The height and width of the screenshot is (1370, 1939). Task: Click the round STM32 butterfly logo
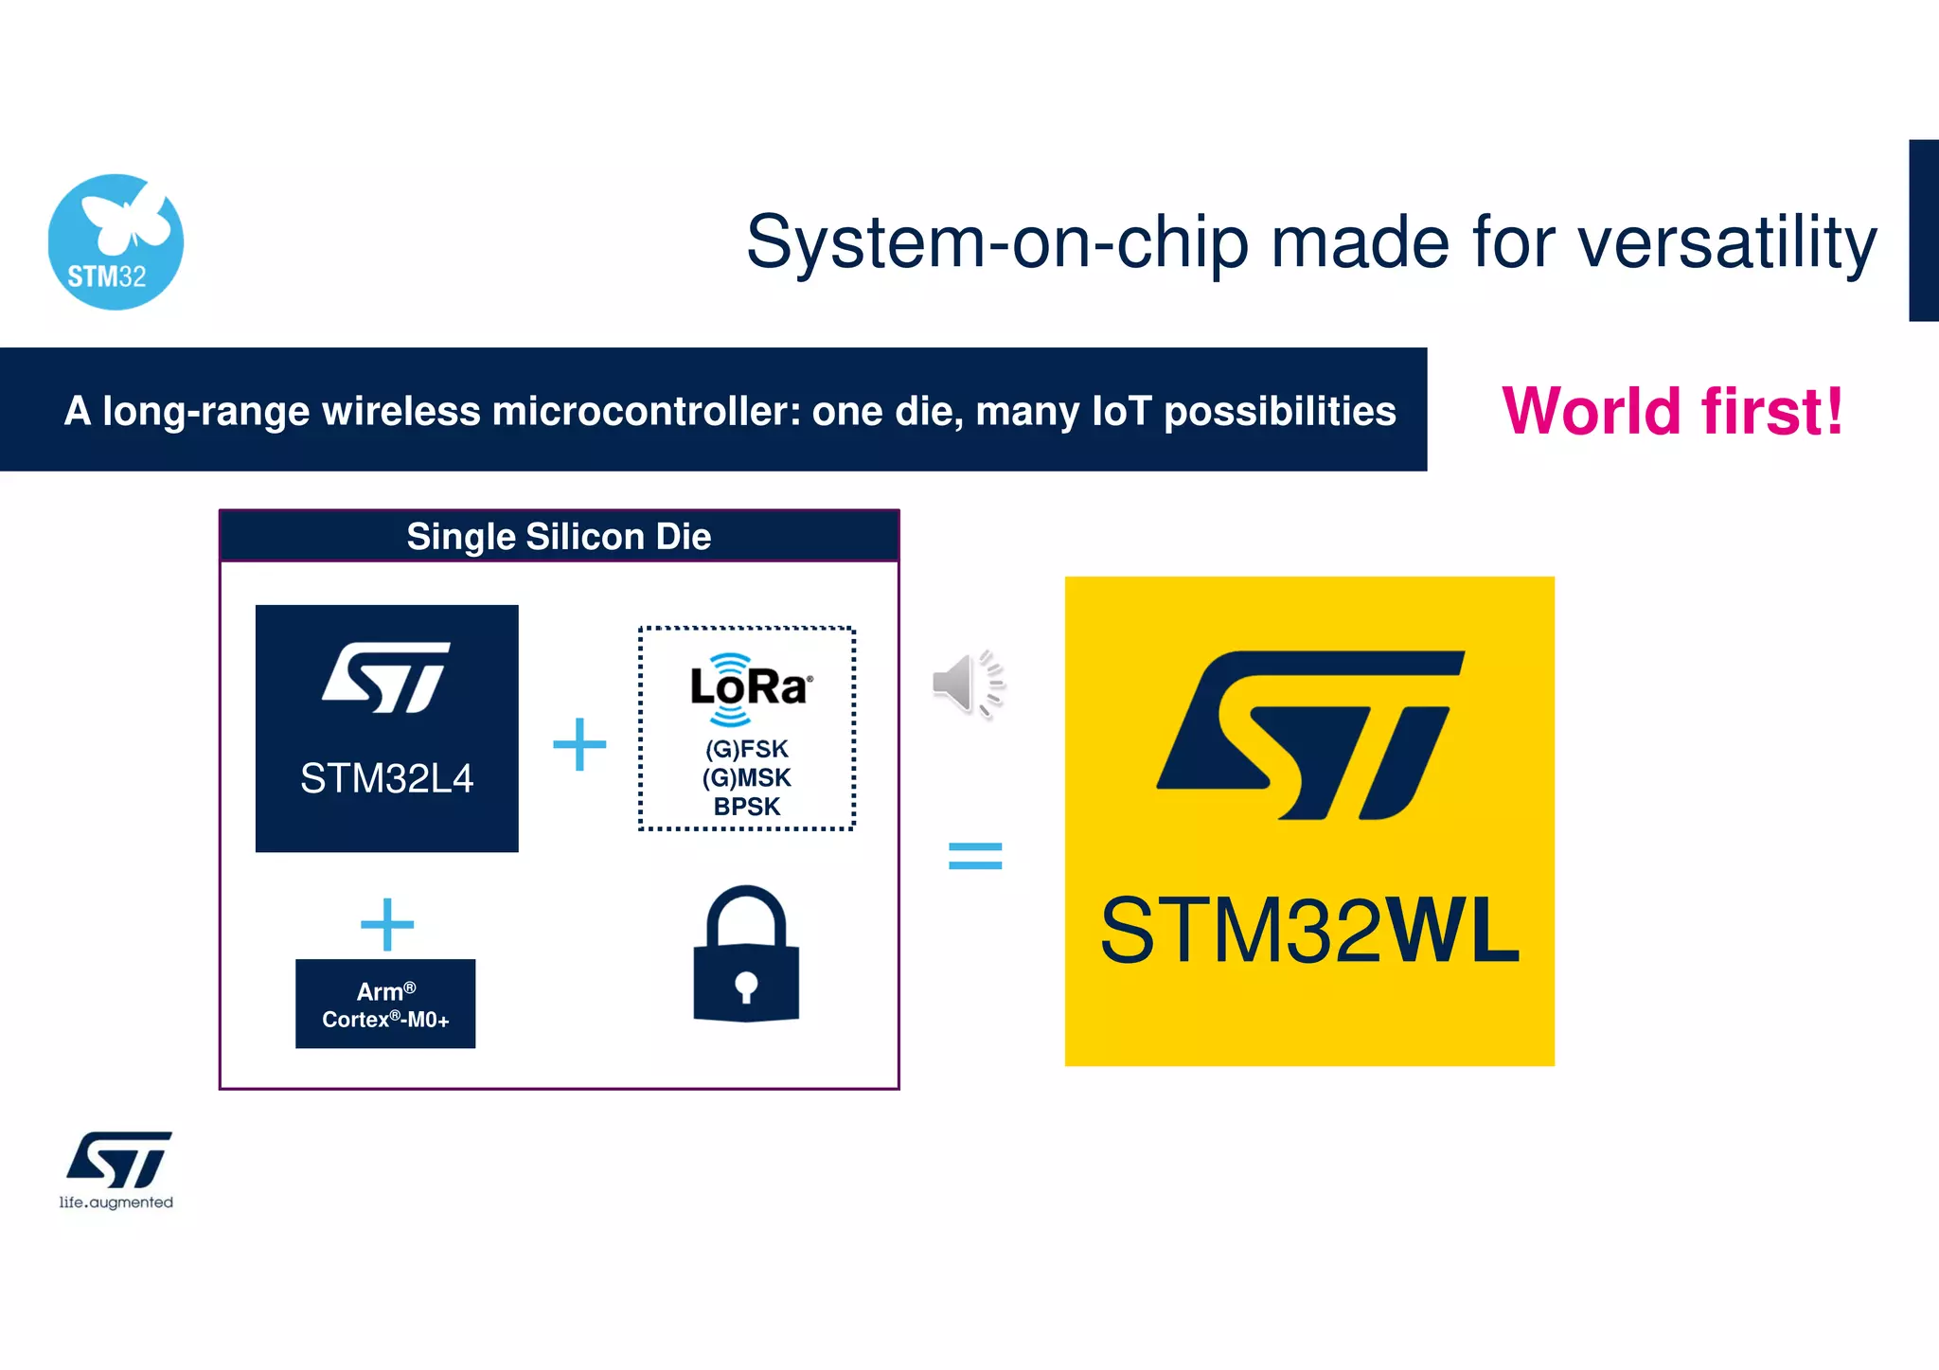click(x=116, y=242)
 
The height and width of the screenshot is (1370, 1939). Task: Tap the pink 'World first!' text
click(x=1672, y=411)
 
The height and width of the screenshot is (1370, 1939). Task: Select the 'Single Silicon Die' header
click(x=559, y=537)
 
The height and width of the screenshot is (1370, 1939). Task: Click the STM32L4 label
click(x=386, y=778)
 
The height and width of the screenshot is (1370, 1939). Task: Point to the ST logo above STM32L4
click(x=386, y=677)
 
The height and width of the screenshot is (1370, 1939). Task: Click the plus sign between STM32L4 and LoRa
click(x=579, y=744)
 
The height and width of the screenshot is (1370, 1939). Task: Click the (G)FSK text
click(x=747, y=749)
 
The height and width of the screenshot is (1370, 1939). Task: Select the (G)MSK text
click(x=747, y=778)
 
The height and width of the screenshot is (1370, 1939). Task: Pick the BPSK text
click(x=747, y=807)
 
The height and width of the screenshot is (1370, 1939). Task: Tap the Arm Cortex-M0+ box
click(x=385, y=1004)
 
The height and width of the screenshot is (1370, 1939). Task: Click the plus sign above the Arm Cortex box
click(x=387, y=924)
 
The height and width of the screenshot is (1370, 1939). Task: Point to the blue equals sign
click(x=975, y=856)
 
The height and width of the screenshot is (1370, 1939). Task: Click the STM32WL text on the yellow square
click(x=1309, y=932)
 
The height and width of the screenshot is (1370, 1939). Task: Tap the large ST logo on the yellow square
click(x=1310, y=735)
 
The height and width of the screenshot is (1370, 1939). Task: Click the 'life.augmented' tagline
click(x=116, y=1202)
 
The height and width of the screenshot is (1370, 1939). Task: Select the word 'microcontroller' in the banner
click(x=646, y=411)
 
